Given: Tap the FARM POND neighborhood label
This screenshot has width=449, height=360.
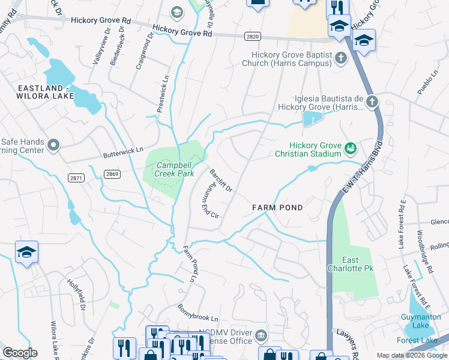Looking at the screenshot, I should click(x=277, y=208).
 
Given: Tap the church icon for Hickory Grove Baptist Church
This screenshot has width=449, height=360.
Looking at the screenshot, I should click(x=341, y=58).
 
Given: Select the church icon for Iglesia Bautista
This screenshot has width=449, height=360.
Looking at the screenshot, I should click(x=372, y=101).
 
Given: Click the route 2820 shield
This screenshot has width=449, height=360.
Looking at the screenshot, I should click(x=253, y=37).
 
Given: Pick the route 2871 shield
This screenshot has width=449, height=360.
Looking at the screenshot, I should click(x=76, y=178).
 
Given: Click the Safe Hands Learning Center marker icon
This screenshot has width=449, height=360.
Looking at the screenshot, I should click(x=53, y=145).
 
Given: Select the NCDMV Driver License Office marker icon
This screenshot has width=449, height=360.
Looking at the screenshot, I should click(x=261, y=335).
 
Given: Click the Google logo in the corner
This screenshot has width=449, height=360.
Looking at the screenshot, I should click(x=20, y=353).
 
